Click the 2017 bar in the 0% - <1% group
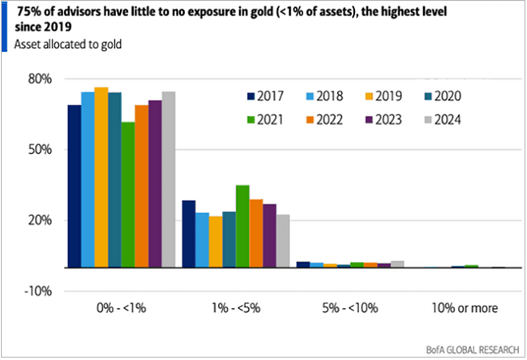[x=74, y=186]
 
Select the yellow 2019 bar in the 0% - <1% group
[x=101, y=178]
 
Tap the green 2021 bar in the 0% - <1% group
[x=127, y=195]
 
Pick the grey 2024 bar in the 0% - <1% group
[x=168, y=179]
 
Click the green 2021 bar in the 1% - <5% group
[x=242, y=226]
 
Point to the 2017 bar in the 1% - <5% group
[x=188, y=234]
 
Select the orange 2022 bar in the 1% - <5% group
[x=255, y=234]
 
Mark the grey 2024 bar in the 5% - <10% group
[x=397, y=264]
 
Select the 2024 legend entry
[x=441, y=120]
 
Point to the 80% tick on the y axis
[x=40, y=79]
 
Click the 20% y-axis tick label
[x=40, y=221]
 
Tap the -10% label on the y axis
[x=38, y=291]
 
